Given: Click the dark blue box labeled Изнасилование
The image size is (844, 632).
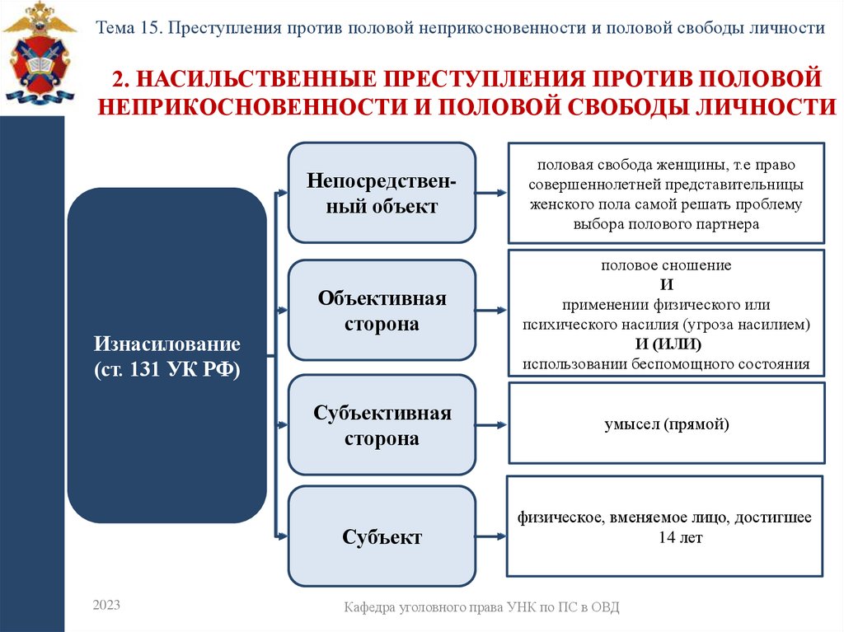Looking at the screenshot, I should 166,354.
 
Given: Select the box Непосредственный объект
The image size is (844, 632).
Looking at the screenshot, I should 382,192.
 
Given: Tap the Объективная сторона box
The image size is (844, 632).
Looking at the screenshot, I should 382,310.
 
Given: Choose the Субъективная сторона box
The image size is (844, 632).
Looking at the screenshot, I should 382,425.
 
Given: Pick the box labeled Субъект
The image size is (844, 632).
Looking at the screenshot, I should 382,537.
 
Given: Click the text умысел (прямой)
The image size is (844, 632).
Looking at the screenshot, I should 666,424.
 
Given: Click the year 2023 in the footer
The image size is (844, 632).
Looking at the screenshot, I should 106,605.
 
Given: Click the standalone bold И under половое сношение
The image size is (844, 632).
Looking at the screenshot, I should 667,284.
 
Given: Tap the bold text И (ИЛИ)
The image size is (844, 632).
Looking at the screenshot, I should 667,344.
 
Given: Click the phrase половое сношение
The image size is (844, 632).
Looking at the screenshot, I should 666,265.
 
